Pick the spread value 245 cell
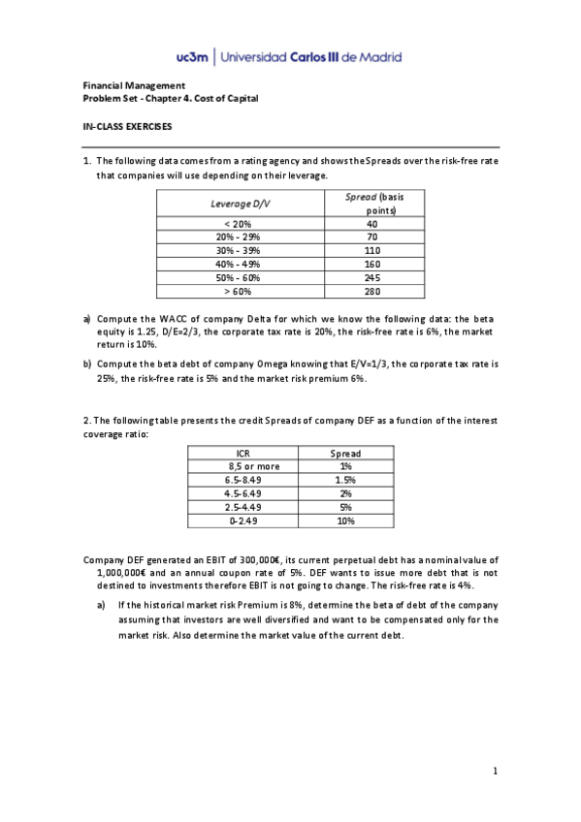tap(371, 276)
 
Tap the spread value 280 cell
tap(371, 290)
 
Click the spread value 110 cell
tap(371, 249)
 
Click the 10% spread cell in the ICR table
tap(345, 521)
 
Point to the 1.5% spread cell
tap(345, 480)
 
